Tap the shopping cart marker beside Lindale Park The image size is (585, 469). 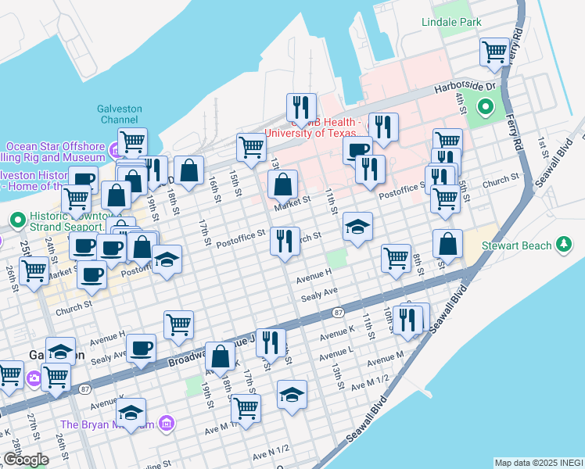(495, 52)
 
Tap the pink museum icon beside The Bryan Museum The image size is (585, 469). (165, 424)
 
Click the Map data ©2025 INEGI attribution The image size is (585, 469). (538, 463)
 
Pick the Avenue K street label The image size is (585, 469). (338, 334)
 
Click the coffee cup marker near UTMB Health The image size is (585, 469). (357, 149)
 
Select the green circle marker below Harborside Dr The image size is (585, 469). (485, 107)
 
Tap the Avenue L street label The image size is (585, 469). (338, 351)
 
